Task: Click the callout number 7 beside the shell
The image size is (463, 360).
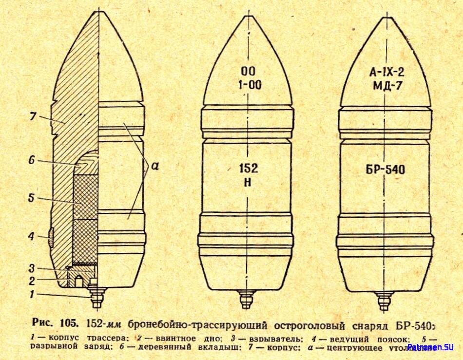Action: (33, 117)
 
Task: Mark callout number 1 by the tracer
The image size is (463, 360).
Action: (32, 294)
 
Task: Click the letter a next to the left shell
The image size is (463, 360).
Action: (155, 166)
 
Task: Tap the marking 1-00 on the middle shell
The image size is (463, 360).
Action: (250, 85)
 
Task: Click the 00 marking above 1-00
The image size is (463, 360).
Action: (250, 70)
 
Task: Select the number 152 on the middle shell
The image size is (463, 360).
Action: (249, 168)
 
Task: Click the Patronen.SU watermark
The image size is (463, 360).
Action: (431, 347)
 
